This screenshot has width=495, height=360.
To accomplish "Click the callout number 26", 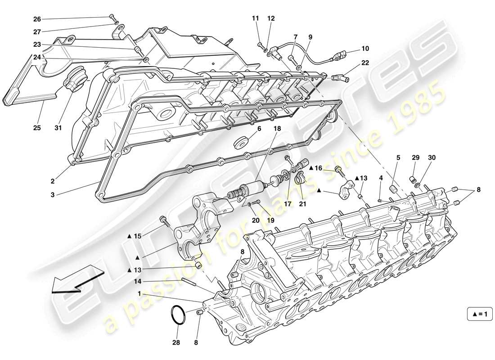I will [x=37, y=19].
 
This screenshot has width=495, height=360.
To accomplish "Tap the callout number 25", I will [x=37, y=128].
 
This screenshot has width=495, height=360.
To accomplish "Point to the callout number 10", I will [x=364, y=48].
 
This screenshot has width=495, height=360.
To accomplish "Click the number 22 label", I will [x=365, y=63].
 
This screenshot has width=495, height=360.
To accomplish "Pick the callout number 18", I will [x=277, y=128].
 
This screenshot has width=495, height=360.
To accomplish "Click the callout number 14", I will [x=138, y=282].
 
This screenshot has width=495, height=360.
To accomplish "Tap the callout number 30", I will [x=432, y=157].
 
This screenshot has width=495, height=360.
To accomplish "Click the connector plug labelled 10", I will [x=340, y=58].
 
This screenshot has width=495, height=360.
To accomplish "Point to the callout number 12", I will [x=270, y=18].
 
